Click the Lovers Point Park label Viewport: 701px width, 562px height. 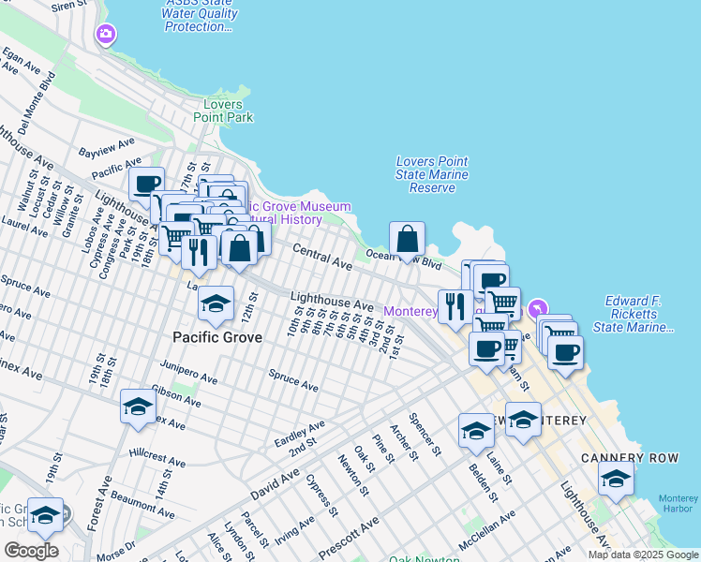pos(223,111)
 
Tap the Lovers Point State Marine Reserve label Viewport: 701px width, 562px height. pos(432,174)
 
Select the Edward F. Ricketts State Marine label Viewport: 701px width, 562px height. pos(634,314)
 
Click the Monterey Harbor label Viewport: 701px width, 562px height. pos(679,503)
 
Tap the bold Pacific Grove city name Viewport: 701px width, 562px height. pos(216,335)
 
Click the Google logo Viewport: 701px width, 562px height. pos(31,550)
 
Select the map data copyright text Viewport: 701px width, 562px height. pos(643,555)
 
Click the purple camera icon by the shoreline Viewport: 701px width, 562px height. pos(105,35)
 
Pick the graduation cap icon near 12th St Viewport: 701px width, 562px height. pos(216,303)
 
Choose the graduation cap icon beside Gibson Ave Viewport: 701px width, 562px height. pos(138,406)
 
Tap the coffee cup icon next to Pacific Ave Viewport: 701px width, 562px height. pos(147,185)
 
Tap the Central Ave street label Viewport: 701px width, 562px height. pos(322,258)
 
